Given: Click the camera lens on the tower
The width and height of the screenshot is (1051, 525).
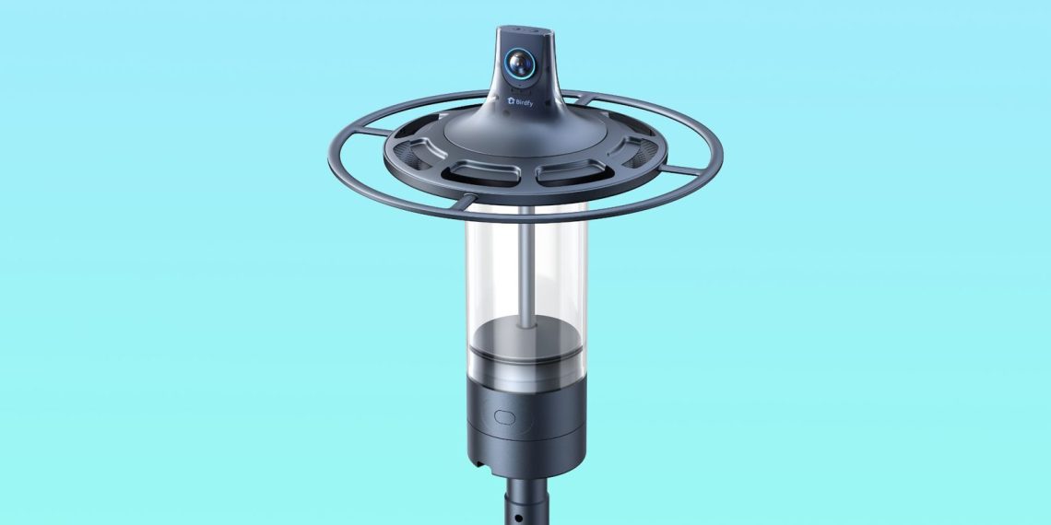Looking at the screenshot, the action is point(519,64).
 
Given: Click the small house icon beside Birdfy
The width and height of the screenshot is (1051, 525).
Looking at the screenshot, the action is point(511,101).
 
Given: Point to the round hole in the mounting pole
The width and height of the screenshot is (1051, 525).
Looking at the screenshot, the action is point(519,517).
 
